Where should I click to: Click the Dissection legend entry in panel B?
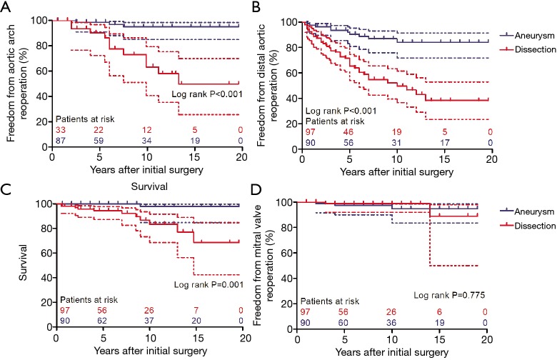tap(525, 49)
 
